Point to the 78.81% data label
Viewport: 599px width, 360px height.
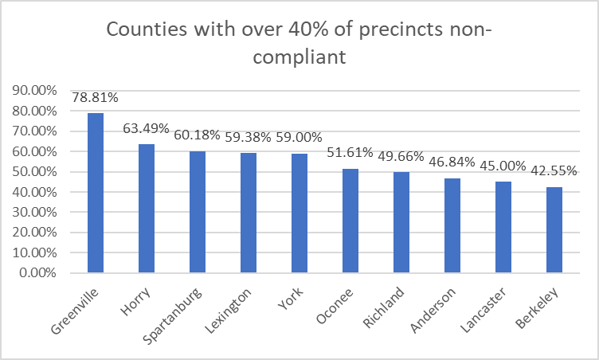96,98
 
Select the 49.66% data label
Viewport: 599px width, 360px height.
400,156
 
